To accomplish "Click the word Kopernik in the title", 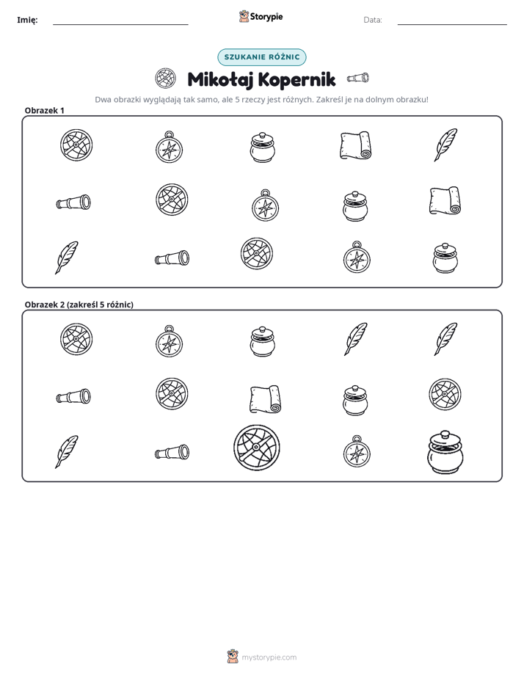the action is coord(296,79).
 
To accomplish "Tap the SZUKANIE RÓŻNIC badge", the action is coord(261,57).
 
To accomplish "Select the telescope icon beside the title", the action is coord(358,79).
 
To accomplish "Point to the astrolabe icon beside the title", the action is coord(165,79).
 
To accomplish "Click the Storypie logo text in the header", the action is coord(266,17).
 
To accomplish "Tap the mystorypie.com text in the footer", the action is coord(269,657).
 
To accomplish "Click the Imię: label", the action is coord(27,20).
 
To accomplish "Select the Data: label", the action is coord(373,20).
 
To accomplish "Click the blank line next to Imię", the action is coord(120,25).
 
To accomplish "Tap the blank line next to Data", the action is coord(452,25).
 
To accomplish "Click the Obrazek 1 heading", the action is coord(45,110).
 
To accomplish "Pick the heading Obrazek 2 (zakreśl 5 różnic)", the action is coord(79,305).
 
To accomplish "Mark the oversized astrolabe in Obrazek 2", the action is coord(256,448).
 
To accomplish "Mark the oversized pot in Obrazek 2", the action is coord(445,451).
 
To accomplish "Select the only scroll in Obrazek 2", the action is coord(265,398).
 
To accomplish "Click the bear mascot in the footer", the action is coord(233,657).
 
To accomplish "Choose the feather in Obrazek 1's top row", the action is coord(445,145).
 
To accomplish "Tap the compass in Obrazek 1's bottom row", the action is coord(357,258).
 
